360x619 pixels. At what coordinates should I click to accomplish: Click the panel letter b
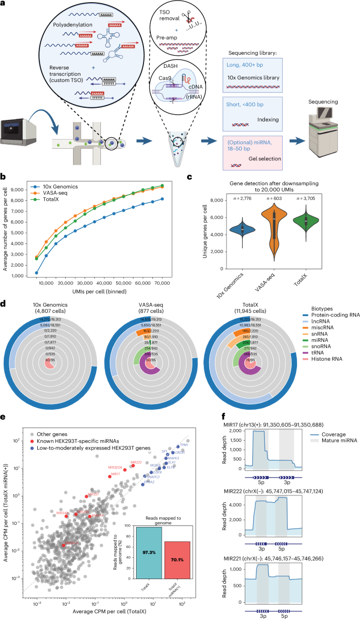[x=3, y=177]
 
